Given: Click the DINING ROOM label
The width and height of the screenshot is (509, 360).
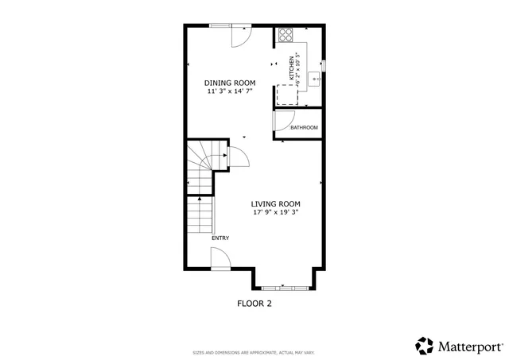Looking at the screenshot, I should pos(229,83).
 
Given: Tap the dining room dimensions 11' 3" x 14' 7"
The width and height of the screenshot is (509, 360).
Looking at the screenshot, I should pos(229,91).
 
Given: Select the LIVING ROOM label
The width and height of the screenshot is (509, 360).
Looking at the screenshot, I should pos(276,203).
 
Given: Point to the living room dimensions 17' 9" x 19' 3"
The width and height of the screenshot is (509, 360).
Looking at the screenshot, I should pos(276,212).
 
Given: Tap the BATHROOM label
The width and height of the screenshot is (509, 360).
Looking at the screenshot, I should pos(304,128).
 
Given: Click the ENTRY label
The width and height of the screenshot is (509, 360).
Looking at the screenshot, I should pos(220,238).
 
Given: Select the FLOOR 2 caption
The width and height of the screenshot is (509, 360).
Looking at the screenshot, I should pos(254,303).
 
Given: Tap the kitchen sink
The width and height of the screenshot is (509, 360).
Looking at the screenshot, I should pos(316,79).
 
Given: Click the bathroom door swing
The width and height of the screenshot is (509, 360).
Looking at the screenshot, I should pos(281,119).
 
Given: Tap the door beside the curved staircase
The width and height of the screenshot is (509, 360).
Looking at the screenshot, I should pos(238,158).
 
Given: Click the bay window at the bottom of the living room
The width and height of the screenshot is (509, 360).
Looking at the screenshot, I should pos(285,286).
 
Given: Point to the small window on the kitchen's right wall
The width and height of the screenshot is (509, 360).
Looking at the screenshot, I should pos(323,64).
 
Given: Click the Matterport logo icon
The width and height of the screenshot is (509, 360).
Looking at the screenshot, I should pos(425,346).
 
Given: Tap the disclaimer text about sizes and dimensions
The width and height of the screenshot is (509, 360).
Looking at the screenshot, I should pos(254,352).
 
